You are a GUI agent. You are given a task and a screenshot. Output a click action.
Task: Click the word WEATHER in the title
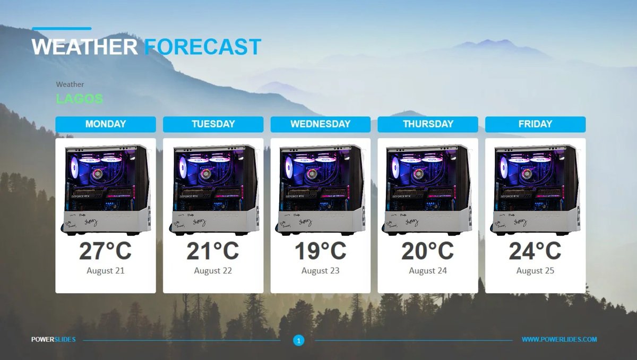84,47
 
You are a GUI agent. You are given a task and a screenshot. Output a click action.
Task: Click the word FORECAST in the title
203,47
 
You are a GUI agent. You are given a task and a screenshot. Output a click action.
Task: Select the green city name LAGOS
79,99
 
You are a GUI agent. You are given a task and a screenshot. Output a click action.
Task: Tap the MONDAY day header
106,124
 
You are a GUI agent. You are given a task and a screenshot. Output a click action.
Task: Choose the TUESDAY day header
213,124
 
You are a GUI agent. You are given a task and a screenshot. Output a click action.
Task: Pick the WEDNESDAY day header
320,124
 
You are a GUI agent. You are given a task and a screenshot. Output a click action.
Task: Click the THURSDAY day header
428,124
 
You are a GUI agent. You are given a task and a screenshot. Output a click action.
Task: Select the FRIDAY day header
535,124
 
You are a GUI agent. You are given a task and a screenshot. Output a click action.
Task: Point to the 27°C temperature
106,251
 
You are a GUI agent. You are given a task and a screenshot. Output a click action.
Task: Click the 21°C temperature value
213,251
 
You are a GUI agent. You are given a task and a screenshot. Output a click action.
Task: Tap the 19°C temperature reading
320,251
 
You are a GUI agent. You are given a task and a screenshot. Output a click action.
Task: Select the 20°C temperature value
428,251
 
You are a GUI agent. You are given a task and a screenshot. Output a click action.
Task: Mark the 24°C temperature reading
535,251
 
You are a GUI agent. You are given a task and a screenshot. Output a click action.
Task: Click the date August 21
106,271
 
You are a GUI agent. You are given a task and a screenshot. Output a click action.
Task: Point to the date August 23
320,271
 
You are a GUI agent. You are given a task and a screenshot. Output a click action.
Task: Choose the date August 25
535,271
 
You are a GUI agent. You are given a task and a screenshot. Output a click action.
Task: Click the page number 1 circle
299,340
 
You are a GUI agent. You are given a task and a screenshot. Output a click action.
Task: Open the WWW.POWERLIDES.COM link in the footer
559,339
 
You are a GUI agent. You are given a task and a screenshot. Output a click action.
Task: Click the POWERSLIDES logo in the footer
53,339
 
